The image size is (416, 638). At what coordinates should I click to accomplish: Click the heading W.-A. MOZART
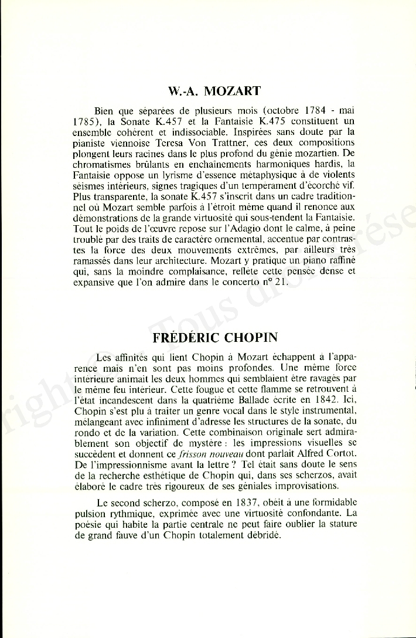pos(213,91)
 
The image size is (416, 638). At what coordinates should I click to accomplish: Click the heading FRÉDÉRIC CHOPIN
pos(214,338)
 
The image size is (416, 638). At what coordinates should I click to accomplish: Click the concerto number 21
pos(296,282)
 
